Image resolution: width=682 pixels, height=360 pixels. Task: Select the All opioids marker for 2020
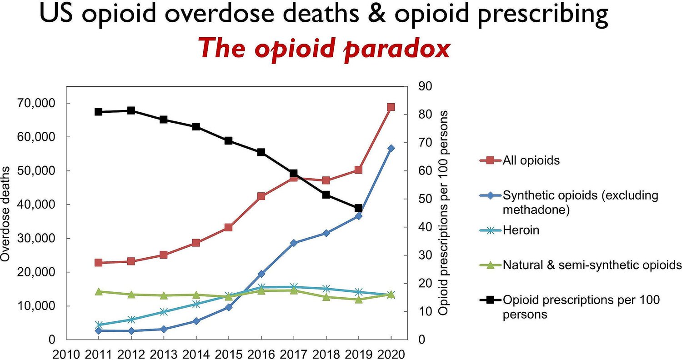pos(391,107)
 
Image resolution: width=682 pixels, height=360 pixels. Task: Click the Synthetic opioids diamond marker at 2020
pos(391,148)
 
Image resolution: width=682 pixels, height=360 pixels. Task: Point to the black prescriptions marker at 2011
pos(98,112)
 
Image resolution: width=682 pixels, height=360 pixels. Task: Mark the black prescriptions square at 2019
pos(358,208)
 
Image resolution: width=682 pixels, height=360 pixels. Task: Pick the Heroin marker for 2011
pos(98,325)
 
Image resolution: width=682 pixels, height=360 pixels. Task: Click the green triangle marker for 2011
pos(98,291)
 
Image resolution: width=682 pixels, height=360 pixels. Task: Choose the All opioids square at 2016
pos(261,196)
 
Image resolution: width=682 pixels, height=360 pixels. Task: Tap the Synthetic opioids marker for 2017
pos(294,243)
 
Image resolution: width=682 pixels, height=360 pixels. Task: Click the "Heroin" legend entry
pos(521,230)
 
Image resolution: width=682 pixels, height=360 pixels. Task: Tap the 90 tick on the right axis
pos(424,86)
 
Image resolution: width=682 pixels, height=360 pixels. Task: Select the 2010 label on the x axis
pos(66,353)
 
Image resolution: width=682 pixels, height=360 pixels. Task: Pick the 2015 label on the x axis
pos(229,353)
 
